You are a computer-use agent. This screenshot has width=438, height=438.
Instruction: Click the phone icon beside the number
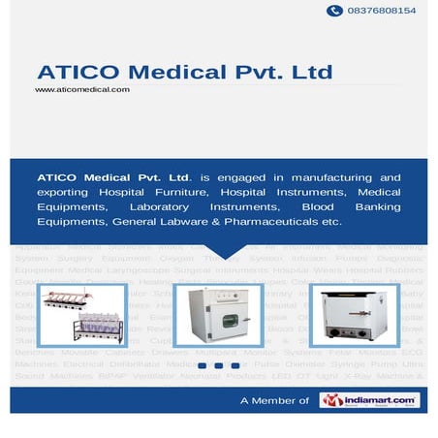click(x=335, y=11)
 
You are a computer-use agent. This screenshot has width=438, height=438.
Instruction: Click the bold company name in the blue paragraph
click(x=113, y=178)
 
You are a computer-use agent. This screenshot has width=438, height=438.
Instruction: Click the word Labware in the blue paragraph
click(x=189, y=222)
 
